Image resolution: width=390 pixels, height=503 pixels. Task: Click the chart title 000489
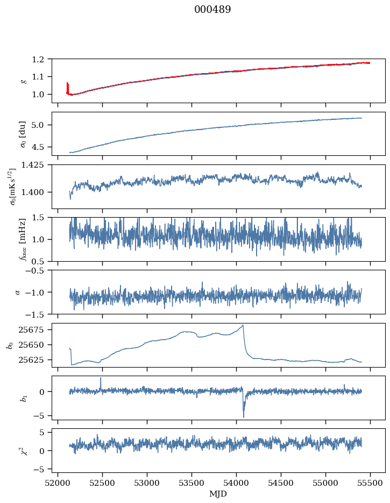pyautogui.click(x=212, y=10)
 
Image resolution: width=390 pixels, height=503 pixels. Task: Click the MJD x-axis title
pyautogui.click(x=218, y=494)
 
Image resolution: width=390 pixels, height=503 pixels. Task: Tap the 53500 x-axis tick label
pyautogui.click(x=192, y=483)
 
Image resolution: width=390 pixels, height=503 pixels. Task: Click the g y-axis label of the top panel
pyautogui.click(x=23, y=81)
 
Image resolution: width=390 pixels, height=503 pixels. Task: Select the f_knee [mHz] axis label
pyautogui.click(x=23, y=240)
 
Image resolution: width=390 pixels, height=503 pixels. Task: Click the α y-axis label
pyautogui.click(x=18, y=292)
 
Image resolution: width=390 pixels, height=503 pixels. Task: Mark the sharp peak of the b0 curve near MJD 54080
pyautogui.click(x=243, y=325)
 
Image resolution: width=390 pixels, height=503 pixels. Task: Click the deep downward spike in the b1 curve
pyautogui.click(x=243, y=416)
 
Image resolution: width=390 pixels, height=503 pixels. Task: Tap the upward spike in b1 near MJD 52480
pyautogui.click(x=101, y=378)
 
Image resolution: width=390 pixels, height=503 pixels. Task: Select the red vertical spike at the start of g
pyautogui.click(x=67, y=86)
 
